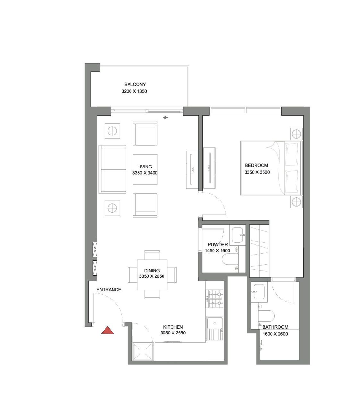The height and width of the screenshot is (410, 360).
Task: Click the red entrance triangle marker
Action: tap(107, 331)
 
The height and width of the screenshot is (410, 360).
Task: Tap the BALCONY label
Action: tap(135, 84)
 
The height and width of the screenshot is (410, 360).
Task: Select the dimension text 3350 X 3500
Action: tap(257, 172)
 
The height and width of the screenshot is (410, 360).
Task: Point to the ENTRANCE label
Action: tap(109, 290)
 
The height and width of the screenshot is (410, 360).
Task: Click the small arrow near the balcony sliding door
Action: tap(166, 118)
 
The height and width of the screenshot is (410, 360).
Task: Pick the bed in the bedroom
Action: tap(271, 168)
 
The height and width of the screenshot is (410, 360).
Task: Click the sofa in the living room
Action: tap(113, 169)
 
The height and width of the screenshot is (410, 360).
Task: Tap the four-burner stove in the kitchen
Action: tap(216, 299)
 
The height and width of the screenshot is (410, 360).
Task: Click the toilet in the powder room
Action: tap(230, 260)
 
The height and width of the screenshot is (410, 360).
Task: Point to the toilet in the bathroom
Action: tap(267, 316)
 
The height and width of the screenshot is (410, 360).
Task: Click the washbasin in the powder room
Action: tap(238, 235)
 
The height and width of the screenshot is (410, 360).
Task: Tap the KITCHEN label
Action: tap(173, 327)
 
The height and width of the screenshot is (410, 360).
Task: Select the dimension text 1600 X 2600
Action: tap(275, 334)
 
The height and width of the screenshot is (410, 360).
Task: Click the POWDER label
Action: tap(218, 244)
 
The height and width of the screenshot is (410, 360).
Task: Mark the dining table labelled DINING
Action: tap(152, 275)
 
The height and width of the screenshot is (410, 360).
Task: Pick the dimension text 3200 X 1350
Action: tap(134, 91)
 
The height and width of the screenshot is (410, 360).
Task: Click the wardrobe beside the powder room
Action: tap(259, 250)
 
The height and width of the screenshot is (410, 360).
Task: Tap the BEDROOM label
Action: tap(256, 165)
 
